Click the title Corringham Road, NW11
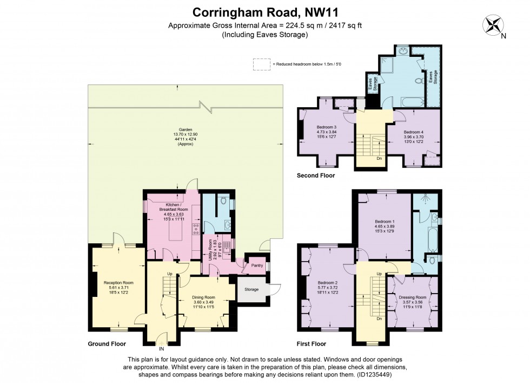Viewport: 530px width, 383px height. (x=264, y=11)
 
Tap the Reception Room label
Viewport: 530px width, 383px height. (x=118, y=283)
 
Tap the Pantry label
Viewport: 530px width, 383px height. (x=256, y=265)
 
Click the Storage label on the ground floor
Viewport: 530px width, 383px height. (x=251, y=290)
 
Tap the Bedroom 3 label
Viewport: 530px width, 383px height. (x=326, y=128)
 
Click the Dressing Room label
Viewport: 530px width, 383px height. (x=413, y=297)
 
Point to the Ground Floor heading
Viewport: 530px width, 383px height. (x=107, y=344)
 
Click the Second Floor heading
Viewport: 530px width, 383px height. (x=316, y=176)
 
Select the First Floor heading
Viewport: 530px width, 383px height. (x=312, y=344)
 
